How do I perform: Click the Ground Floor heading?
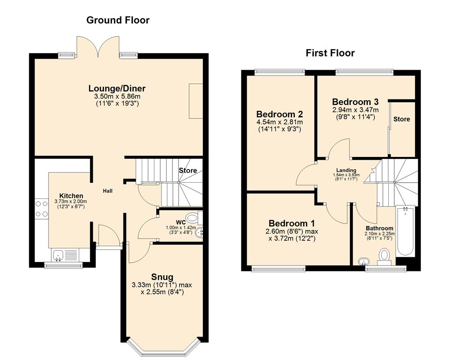point(117,20)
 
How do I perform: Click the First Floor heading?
point(330,53)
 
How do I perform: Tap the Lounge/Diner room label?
point(117,88)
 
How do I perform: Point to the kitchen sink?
point(58,255)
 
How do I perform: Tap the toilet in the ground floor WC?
point(192,218)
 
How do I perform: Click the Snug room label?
point(162,276)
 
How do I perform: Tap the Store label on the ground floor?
point(188,171)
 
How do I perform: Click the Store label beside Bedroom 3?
point(401,119)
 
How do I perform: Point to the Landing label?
point(344,170)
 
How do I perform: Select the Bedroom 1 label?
point(291,223)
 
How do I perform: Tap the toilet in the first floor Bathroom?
point(384,255)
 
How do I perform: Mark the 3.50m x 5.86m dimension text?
point(117,96)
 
